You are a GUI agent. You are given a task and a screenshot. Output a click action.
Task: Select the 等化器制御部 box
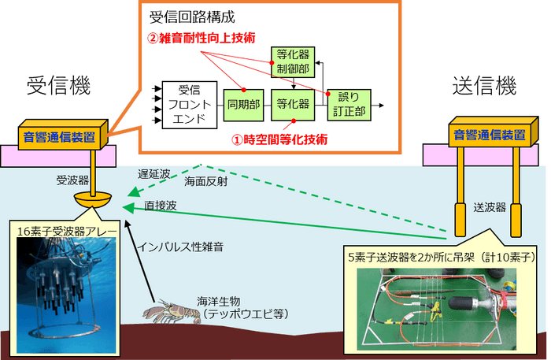[292, 62]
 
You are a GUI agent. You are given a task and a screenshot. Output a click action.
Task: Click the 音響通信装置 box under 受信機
[63, 136]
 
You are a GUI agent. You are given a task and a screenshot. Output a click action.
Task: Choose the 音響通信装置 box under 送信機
[487, 133]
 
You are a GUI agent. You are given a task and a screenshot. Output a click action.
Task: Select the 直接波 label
[160, 206]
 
